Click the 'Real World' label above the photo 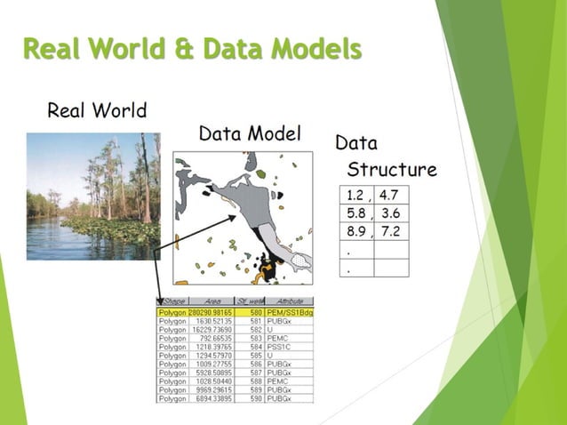pos(97,111)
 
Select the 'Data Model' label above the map pos(250,133)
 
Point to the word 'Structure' pos(391,169)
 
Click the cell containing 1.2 pos(355,196)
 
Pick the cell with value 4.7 pos(390,196)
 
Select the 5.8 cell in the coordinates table pos(355,213)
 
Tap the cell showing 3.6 pos(390,213)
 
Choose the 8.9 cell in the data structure pos(355,231)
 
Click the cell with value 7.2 pos(390,231)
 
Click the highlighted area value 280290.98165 pos(212,313)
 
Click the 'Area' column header pos(212,302)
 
